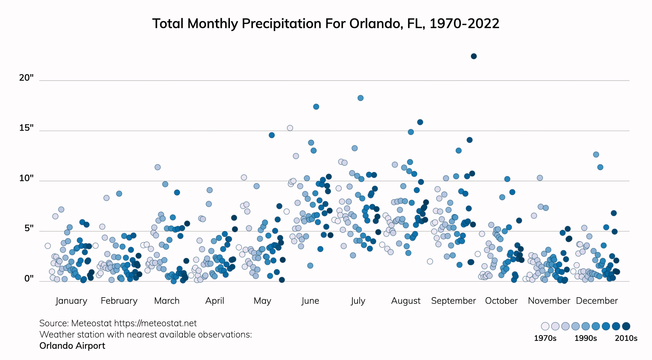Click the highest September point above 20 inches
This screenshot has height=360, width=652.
474,56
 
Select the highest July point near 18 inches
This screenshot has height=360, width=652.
360,98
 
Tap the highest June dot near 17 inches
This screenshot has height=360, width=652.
316,107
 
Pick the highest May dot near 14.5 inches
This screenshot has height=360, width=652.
272,135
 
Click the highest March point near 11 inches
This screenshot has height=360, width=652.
158,167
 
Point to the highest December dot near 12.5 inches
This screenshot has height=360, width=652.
596,155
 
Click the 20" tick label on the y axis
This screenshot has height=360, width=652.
26,78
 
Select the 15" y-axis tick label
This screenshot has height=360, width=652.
26,128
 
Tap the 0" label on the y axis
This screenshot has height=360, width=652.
29,279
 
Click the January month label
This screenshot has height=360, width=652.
71,301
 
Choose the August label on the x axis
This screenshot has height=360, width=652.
406,301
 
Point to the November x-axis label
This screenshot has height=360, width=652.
549,301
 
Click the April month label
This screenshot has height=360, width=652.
215,301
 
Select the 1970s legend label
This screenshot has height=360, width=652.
545,338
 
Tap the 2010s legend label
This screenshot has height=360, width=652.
626,338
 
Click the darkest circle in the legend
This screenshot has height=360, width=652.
626,326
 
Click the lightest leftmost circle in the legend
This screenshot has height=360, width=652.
545,326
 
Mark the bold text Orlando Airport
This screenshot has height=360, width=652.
72,346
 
